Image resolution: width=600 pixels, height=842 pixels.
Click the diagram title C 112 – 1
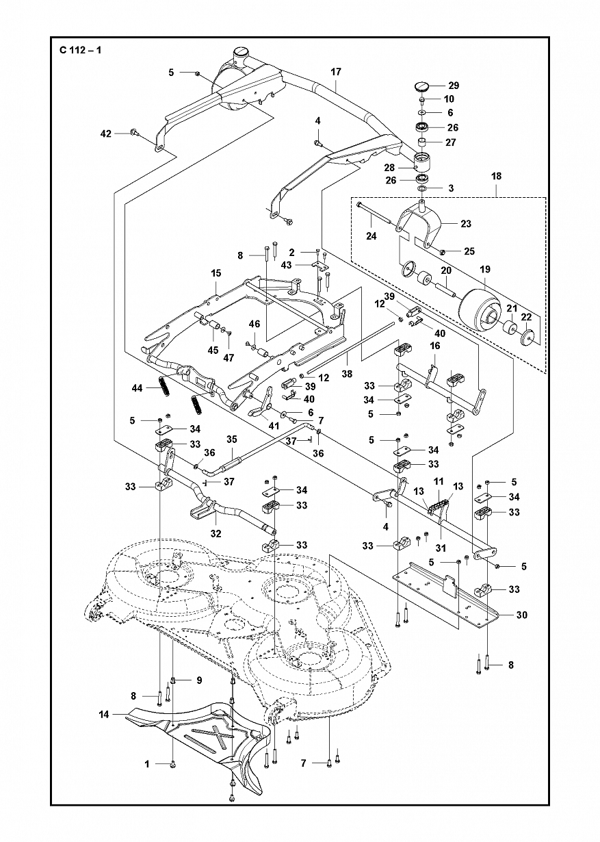coord(81,49)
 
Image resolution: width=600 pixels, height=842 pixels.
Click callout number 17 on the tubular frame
coord(335,71)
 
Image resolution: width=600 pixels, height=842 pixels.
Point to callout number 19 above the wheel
coord(485,270)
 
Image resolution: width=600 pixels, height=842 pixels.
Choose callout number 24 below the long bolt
coord(371,236)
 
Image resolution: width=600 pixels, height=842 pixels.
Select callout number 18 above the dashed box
coord(496,176)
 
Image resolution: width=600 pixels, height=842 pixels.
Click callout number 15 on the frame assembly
coord(216,273)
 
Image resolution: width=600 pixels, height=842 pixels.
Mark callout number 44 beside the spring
coord(137,387)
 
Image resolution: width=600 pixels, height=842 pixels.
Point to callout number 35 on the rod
coord(232,439)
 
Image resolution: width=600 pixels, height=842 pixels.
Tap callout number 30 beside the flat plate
coord(522,615)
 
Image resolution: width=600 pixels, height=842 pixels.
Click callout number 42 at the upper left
coord(106,133)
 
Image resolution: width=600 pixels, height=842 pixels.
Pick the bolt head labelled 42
coord(133,131)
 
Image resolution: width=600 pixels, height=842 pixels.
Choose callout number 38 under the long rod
coord(347,374)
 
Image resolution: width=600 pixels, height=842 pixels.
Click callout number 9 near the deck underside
coord(199,680)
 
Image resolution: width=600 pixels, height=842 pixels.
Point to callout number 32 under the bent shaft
coord(216,533)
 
